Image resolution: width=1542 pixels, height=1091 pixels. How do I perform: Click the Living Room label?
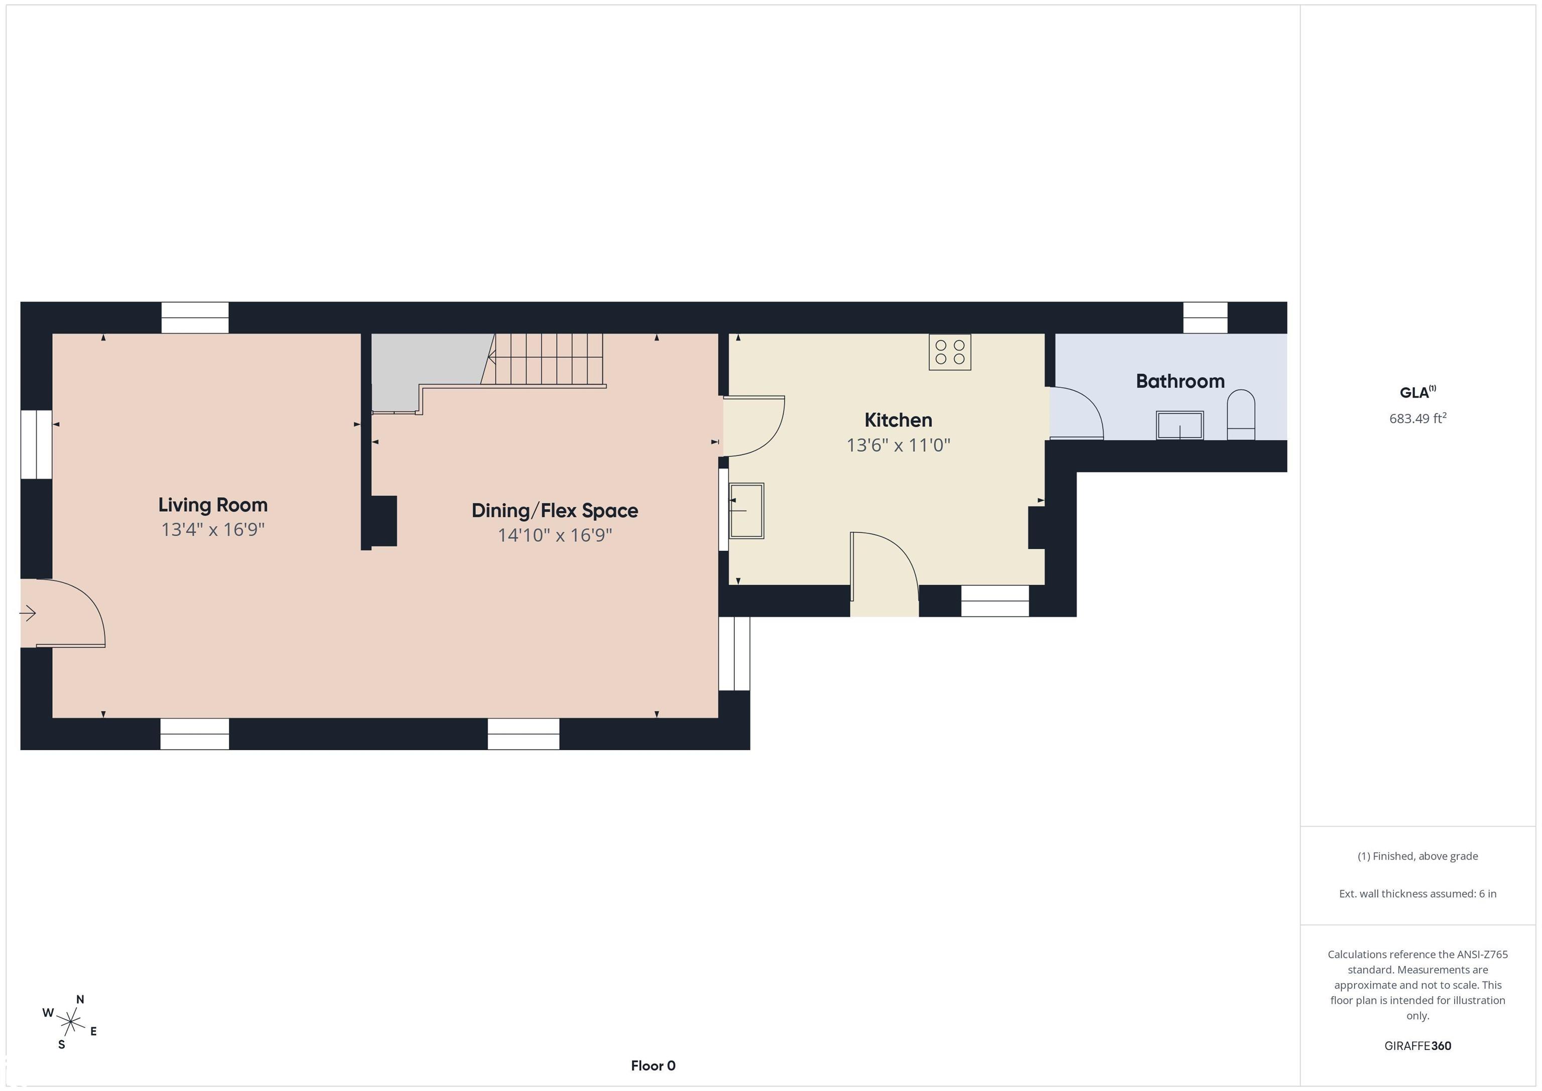[213, 505]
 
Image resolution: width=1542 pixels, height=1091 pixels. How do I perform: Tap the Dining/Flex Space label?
[555, 511]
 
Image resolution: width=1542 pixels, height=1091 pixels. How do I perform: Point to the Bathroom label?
[1180, 381]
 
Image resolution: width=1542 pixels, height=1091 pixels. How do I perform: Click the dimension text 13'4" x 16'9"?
[213, 529]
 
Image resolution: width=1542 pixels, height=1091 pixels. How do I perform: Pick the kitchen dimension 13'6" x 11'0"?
[898, 445]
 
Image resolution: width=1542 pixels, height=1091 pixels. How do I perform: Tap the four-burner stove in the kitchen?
[950, 352]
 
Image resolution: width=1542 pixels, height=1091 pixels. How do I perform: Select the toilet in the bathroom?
[1240, 415]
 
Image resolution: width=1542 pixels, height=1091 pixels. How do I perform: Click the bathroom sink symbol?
[1179, 425]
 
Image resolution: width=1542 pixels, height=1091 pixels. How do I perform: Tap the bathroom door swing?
[1077, 414]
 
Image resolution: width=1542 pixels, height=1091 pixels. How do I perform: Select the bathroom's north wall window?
[1205, 317]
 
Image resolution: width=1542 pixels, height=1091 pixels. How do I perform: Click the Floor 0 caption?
[653, 1065]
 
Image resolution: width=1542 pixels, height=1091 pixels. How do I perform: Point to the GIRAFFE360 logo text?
[1418, 1045]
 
